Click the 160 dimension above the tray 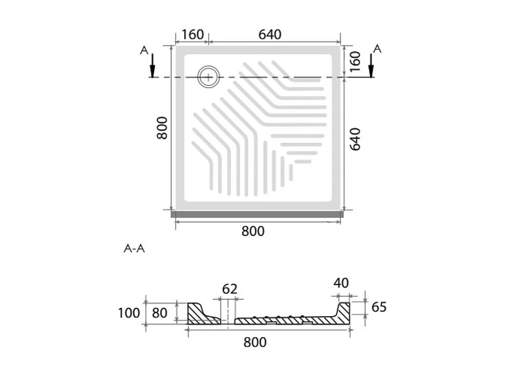tap(193, 34)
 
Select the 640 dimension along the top tap(270, 34)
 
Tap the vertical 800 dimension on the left tap(162, 128)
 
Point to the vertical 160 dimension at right tap(355, 62)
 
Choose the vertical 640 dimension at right tap(355, 139)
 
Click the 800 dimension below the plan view tap(253, 231)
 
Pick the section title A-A tap(134, 248)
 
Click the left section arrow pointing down tap(152, 66)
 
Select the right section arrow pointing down tap(371, 66)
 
